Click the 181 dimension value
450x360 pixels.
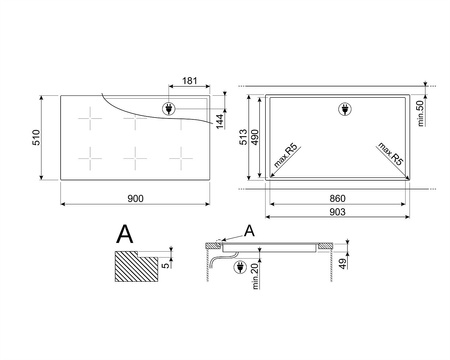click(x=190, y=81)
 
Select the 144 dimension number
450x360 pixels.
click(x=220, y=121)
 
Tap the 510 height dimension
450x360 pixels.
click(x=36, y=137)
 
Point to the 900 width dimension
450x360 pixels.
click(x=136, y=199)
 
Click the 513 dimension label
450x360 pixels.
click(x=244, y=137)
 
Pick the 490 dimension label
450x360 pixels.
click(x=255, y=137)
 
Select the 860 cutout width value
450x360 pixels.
click(x=337, y=199)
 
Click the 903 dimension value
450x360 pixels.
click(x=337, y=212)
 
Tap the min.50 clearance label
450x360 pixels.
click(x=420, y=113)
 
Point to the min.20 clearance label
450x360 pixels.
click(x=255, y=276)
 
